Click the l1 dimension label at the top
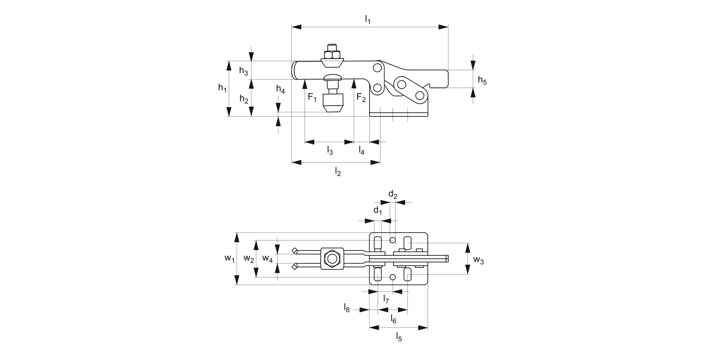368,20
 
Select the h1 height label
222,88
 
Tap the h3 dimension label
243,71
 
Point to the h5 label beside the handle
482,81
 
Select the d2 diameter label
393,194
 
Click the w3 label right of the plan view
479,260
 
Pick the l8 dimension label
347,307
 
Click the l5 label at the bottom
399,337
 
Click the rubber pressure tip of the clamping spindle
332,103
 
